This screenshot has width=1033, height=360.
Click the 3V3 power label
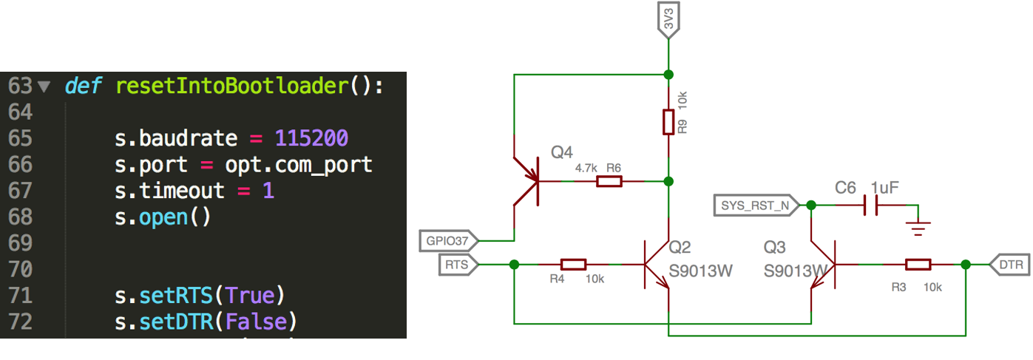pyautogui.click(x=668, y=22)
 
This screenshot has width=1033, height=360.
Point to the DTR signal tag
pyautogui.click(x=1008, y=264)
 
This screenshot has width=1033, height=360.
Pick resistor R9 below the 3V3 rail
pyautogui.click(x=668, y=122)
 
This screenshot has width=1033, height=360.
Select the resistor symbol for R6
pyautogui.click(x=609, y=181)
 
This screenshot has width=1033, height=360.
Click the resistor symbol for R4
pyautogui.click(x=573, y=264)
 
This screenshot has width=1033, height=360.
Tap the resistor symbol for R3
pyautogui.click(x=918, y=264)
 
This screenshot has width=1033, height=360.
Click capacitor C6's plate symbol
pyautogui.click(x=871, y=205)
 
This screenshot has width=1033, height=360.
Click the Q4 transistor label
pyautogui.click(x=561, y=152)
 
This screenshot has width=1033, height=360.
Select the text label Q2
pyautogui.click(x=678, y=247)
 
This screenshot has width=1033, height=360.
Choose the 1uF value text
pyautogui.click(x=884, y=188)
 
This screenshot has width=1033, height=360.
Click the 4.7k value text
pyautogui.click(x=585, y=169)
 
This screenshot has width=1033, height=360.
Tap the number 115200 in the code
pyautogui.click(x=311, y=138)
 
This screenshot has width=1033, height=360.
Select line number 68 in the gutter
pyautogui.click(x=20, y=217)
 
